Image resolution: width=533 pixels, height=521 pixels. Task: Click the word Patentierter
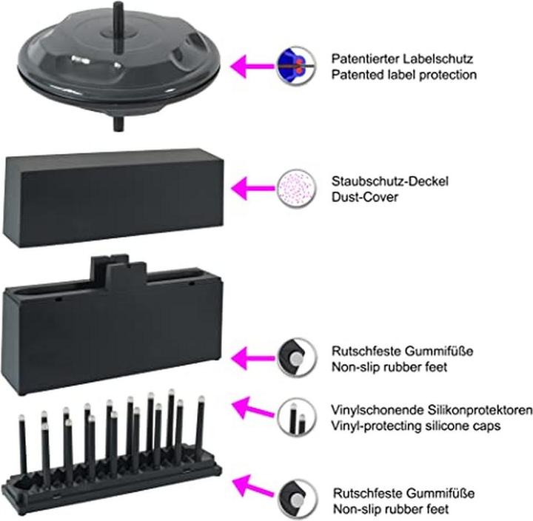point(364,58)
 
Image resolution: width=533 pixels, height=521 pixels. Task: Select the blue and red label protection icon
point(292,65)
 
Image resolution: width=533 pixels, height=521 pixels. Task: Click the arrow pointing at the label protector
point(251,66)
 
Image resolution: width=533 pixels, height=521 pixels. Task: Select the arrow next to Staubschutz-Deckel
point(251,187)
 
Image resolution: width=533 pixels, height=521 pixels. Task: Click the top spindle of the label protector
point(118,14)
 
